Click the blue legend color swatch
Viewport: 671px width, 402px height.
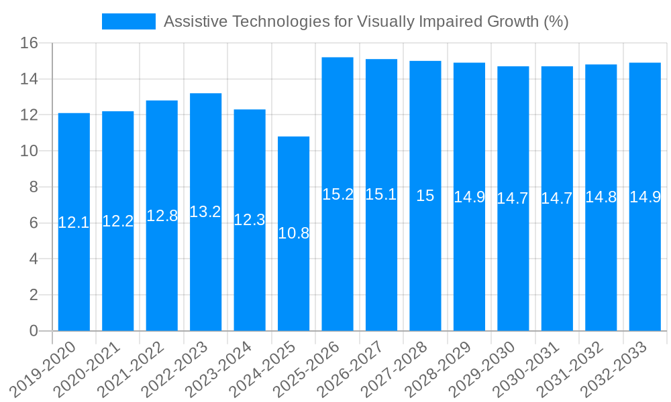[128, 21]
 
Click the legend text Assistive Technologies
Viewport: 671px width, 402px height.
[366, 21]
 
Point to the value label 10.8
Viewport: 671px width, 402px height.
[293, 233]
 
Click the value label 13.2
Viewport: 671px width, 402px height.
[205, 212]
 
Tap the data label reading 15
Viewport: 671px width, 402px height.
[425, 196]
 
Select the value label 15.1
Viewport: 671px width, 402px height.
[381, 194]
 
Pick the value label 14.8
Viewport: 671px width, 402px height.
[601, 197]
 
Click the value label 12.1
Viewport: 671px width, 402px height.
[74, 222]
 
